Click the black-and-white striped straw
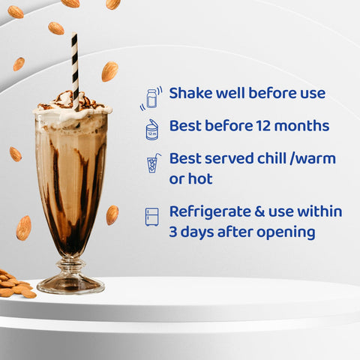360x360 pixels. pyautogui.click(x=75, y=71)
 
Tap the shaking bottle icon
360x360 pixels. pyautogui.click(x=151, y=98)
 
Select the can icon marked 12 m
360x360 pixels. pyautogui.click(x=151, y=130)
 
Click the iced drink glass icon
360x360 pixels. pyautogui.click(x=153, y=163)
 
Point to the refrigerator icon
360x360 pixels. pyautogui.click(x=151, y=217)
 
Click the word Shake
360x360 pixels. pyautogui.click(x=191, y=93)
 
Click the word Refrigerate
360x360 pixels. pyautogui.click(x=210, y=212)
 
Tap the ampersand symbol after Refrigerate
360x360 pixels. pyautogui.click(x=259, y=211)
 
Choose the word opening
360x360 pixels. pyautogui.click(x=286, y=232)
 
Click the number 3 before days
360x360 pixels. pyautogui.click(x=173, y=232)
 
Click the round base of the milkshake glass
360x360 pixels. pyautogui.click(x=70, y=285)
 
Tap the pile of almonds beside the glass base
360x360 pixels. pyautogui.click(x=16, y=284)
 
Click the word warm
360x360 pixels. pyautogui.click(x=316, y=159)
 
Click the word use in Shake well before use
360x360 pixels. pyautogui.click(x=313, y=94)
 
